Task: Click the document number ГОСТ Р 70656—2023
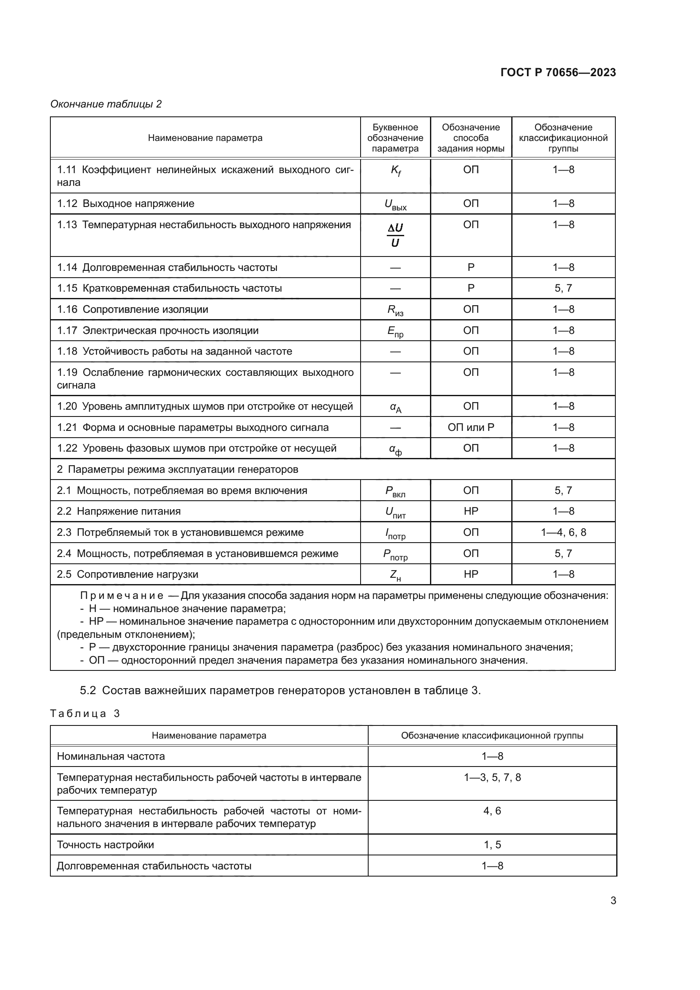[558, 72]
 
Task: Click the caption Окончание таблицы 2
[106, 104]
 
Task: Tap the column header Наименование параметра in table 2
[205, 138]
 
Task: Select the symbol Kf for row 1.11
[395, 171]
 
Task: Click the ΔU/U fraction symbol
[395, 235]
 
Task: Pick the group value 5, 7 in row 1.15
[563, 288]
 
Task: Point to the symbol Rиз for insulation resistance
[395, 310]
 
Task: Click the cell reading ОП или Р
[471, 427]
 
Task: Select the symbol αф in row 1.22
[395, 449]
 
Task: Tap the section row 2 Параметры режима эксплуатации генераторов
[178, 469]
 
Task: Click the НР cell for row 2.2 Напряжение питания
[471, 511]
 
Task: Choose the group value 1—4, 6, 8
[563, 532]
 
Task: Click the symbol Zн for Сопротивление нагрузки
[395, 575]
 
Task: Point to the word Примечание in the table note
[121, 596]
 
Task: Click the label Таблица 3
[85, 714]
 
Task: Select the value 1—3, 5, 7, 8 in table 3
[492, 778]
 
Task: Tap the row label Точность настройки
[105, 845]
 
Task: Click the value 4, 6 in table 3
[492, 811]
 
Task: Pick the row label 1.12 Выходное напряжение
[125, 204]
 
